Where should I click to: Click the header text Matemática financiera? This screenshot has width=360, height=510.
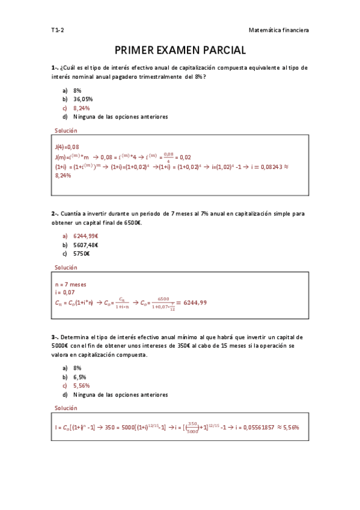[278, 29]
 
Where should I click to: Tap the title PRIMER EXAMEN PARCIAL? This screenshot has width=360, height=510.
[180, 50]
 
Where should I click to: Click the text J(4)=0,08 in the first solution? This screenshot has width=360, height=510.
[67, 147]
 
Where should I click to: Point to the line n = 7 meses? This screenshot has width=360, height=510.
[70, 284]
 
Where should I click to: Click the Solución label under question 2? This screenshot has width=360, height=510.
[66, 268]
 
